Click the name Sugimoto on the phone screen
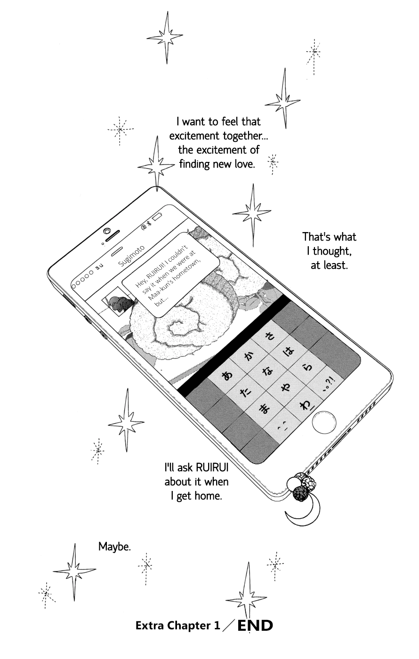[132, 256]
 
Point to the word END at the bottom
[255, 626]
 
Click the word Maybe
[114, 546]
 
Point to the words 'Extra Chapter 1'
[177, 626]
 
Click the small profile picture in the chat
[116, 305]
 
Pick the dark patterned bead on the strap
[298, 493]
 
